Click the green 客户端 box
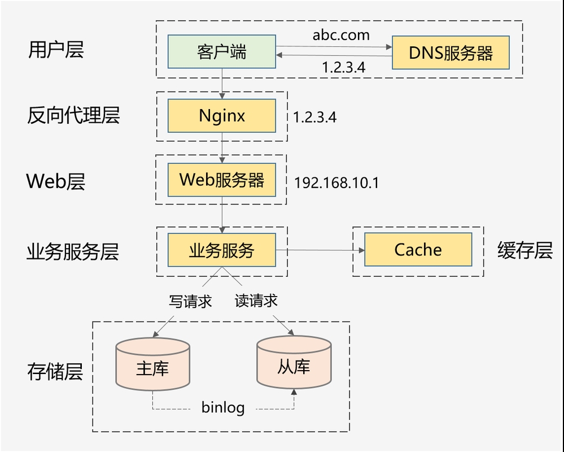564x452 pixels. coord(221,52)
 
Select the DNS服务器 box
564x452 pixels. coord(451,53)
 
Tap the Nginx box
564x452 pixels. coord(221,116)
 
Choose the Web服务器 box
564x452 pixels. coord(221,180)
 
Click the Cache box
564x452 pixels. coord(418,249)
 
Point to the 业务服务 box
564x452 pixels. coord(221,250)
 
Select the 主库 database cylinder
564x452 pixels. coord(152,366)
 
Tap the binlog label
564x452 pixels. coord(223,407)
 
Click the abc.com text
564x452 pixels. coord(341,35)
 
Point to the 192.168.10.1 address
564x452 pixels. coord(336,183)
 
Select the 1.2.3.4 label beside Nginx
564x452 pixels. coord(315,117)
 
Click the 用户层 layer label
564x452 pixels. coord(56,50)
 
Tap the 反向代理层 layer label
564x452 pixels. coord(73,115)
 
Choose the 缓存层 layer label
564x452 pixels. coord(524,250)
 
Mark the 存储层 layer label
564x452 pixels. coord(55,372)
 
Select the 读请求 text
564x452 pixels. coord(256,301)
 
